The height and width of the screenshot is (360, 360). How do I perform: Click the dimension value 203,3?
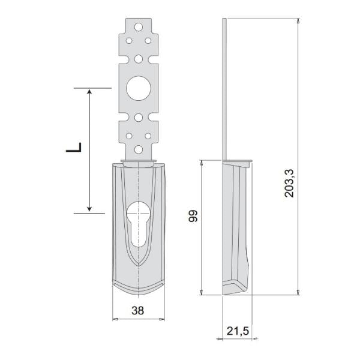click(289, 183)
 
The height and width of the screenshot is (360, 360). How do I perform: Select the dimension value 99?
click(193, 216)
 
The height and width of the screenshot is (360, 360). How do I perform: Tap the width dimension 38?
click(138, 311)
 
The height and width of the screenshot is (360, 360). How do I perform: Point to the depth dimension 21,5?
click(238, 331)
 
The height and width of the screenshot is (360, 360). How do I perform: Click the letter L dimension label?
click(74, 147)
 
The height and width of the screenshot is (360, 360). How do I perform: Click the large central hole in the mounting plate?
click(139, 88)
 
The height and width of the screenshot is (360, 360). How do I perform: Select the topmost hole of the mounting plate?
click(139, 27)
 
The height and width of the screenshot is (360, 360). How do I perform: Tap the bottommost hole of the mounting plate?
click(139, 149)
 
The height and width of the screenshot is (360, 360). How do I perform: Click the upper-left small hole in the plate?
click(129, 41)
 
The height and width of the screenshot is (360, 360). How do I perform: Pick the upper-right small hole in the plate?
click(148, 41)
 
